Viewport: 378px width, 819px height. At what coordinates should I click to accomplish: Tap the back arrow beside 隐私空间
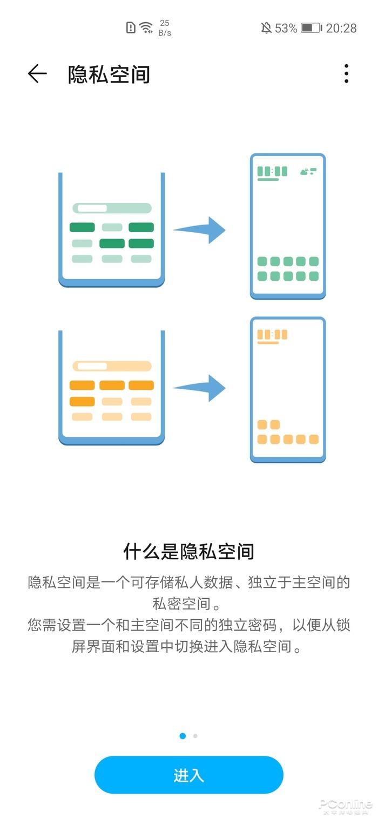[x=37, y=74]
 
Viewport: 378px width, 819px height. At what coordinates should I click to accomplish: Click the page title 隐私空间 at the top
[x=109, y=75]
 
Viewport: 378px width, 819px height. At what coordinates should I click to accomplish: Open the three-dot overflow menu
[x=346, y=74]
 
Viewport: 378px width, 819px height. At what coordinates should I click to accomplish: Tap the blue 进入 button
[x=189, y=775]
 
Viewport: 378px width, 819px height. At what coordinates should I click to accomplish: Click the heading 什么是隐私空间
[x=189, y=552]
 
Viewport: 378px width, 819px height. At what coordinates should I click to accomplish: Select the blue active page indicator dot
[x=183, y=736]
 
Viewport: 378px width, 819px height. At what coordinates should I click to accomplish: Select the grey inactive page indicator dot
[x=195, y=736]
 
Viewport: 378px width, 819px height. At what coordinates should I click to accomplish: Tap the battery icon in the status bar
[x=311, y=28]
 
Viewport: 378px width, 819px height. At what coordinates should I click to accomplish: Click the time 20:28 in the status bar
[x=341, y=28]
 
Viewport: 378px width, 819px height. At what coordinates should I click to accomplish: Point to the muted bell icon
[x=266, y=28]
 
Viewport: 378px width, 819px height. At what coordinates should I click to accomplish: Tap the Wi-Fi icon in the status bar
[x=146, y=28]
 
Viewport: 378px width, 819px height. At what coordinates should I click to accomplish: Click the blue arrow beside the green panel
[x=199, y=230]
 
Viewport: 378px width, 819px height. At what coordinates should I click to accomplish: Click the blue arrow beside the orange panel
[x=199, y=388]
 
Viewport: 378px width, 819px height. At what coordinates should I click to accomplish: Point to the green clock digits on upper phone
[x=272, y=172]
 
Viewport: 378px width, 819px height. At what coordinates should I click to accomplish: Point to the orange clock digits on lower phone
[x=272, y=335]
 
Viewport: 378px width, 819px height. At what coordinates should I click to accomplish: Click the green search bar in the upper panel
[x=112, y=208]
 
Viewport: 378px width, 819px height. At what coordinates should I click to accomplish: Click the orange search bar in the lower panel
[x=112, y=366]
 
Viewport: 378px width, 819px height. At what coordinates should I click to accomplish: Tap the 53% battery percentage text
[x=286, y=28]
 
